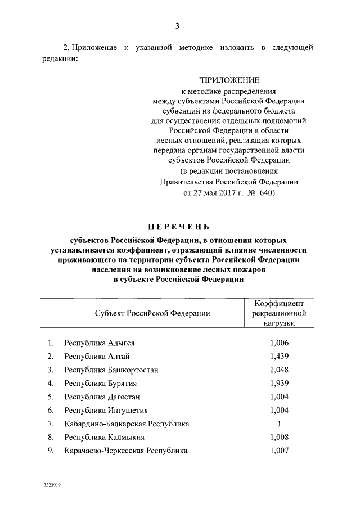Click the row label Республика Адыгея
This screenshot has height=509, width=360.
click(x=99, y=343)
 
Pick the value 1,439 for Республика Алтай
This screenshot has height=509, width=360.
click(x=279, y=356)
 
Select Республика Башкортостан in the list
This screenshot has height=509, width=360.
click(x=111, y=370)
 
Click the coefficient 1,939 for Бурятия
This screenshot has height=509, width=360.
click(x=279, y=383)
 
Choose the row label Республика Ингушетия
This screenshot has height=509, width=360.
click(x=102, y=410)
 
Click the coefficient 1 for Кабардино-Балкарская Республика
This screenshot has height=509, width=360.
click(x=279, y=424)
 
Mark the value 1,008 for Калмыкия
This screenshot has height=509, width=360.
click(x=279, y=437)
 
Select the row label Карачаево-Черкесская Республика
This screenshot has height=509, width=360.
click(x=125, y=451)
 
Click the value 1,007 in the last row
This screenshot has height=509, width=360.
click(x=279, y=451)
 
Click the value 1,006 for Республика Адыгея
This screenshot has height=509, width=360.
click(x=279, y=343)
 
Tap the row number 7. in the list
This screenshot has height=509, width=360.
click(x=51, y=424)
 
